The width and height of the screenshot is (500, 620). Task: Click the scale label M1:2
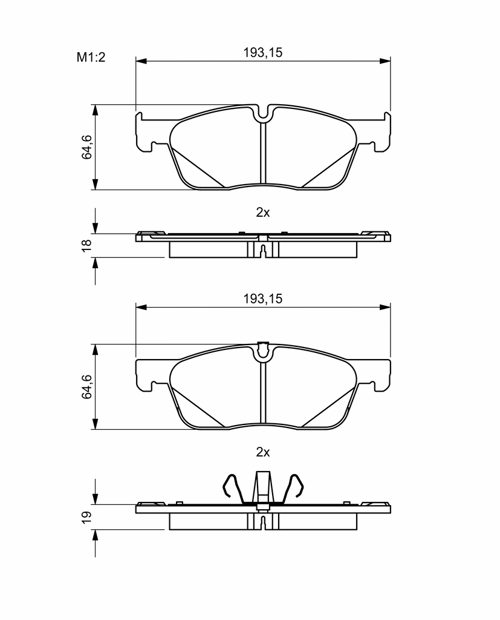pos(91,58)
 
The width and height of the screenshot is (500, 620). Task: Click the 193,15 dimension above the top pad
pos(262,53)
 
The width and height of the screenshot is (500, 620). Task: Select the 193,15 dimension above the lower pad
pos(262,299)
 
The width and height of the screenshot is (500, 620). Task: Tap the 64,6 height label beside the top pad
pos(86,147)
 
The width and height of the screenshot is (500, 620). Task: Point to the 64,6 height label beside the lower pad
pos(86,386)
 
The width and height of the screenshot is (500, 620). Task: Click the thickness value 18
pos(86,245)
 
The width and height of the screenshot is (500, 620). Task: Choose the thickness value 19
pos(86,517)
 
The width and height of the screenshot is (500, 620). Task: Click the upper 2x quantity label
pos(262,213)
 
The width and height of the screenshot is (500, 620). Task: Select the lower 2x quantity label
pos(262,452)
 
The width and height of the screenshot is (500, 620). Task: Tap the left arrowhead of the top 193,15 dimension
pos(141,61)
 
